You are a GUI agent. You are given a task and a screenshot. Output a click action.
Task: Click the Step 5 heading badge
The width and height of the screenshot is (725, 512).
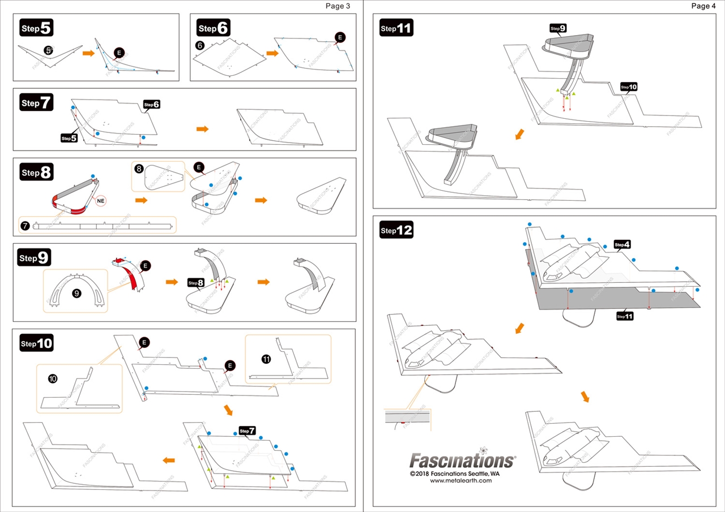(37, 27)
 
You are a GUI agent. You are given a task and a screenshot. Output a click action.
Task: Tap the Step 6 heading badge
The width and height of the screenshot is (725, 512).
(214, 27)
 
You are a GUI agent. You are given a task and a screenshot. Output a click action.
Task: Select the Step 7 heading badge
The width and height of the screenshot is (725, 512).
(37, 102)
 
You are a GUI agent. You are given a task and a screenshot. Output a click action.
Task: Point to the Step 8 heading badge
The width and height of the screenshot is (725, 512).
(37, 172)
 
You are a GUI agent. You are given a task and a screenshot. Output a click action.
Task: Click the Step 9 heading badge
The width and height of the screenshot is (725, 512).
(35, 258)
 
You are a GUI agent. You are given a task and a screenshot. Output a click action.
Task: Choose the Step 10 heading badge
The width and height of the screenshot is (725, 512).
(37, 343)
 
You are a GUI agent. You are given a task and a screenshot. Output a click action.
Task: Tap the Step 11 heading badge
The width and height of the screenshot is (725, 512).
(396, 28)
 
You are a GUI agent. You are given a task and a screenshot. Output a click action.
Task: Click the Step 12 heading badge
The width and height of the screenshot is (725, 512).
(396, 230)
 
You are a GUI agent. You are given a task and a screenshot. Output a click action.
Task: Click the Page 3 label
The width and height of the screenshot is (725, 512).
(338, 6)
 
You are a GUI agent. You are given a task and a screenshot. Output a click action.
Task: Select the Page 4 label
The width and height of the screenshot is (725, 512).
(703, 6)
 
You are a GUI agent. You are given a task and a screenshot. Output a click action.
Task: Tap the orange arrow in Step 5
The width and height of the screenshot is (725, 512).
(88, 53)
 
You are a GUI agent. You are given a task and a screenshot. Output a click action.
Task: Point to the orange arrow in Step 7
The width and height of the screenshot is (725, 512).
(202, 130)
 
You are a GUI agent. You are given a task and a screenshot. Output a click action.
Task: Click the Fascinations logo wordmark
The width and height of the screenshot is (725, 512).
(462, 460)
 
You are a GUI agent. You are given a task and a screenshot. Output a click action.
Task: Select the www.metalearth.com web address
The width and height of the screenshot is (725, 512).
(461, 481)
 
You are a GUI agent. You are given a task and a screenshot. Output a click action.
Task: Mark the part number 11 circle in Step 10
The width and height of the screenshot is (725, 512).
(266, 359)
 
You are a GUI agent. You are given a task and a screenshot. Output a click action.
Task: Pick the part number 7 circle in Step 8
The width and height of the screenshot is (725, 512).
(25, 226)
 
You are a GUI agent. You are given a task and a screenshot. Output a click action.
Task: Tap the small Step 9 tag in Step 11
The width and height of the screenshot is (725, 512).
(558, 28)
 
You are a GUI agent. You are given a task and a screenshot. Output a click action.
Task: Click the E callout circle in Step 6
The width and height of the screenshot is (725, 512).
(340, 37)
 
